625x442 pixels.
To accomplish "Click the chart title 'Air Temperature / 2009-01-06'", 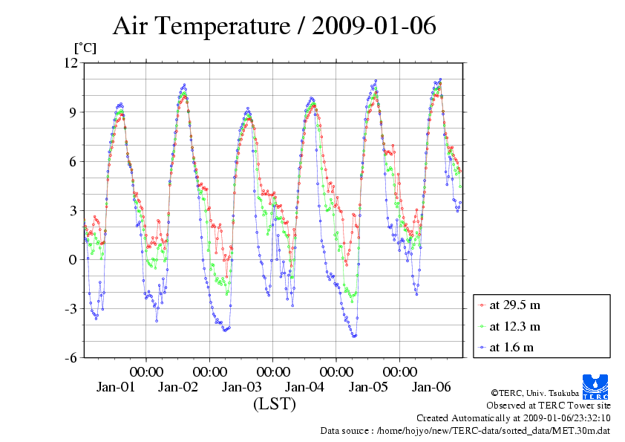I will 274,27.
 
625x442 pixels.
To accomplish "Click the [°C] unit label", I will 84,48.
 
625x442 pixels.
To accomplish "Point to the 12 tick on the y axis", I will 71,63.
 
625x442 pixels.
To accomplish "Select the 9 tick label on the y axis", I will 73,112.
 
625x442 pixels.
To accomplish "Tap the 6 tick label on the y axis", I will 73,161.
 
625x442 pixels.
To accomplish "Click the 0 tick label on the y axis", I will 73,259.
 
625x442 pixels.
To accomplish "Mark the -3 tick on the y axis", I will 71,308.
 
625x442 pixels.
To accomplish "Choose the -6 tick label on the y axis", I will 71,357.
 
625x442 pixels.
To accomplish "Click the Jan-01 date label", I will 115,387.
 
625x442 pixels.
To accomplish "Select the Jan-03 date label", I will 242,387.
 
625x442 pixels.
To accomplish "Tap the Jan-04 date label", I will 305,387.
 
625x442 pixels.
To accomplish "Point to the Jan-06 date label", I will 431,387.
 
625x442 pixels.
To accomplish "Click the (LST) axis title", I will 274,405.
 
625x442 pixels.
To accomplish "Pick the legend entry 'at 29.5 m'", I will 514,305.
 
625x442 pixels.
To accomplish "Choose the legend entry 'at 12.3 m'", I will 514,325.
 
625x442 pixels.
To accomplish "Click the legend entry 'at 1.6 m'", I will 511,347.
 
